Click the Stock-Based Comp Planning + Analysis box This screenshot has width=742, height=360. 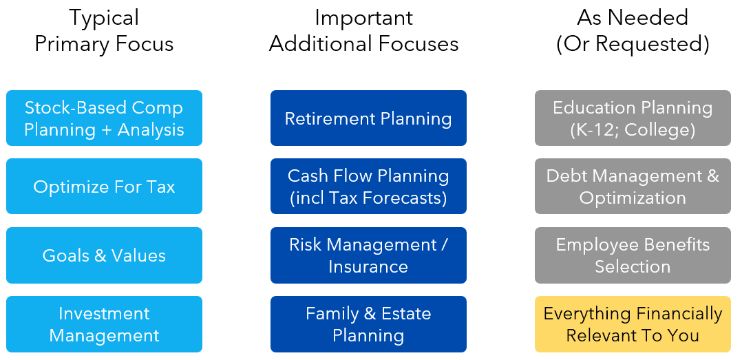coord(104,118)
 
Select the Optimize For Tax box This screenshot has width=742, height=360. coord(104,187)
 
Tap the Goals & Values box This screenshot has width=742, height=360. coord(104,255)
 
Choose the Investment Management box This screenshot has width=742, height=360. coord(104,324)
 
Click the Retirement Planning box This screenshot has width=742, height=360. coord(368,118)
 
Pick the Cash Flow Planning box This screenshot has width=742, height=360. coord(368,187)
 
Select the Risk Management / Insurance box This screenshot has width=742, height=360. coord(368,255)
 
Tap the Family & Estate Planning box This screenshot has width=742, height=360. coord(368,324)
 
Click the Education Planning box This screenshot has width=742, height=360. coord(633,118)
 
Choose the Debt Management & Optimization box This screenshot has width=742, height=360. coord(633,187)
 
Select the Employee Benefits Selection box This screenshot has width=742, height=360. coord(633,255)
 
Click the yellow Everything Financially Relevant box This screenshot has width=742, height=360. coord(633,324)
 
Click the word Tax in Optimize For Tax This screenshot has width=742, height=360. coord(160,187)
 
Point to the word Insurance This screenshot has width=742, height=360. coord(368,267)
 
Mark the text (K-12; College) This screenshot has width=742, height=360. coord(633,129)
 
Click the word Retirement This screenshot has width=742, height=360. coord(328,118)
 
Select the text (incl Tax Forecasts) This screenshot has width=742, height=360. coord(368,198)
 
